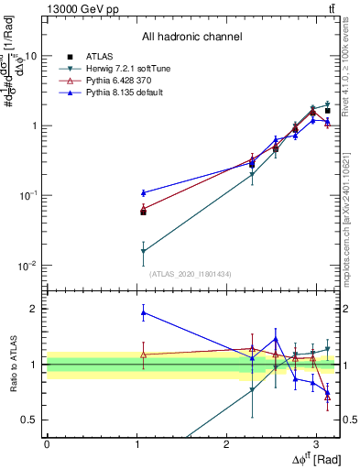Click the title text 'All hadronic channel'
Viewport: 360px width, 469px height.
point(191,38)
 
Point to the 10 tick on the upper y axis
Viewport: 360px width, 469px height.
point(30,56)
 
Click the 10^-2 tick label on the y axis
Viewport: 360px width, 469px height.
point(27,266)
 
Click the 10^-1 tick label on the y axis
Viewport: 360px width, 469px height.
point(27,196)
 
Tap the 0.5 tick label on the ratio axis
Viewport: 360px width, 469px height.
point(29,420)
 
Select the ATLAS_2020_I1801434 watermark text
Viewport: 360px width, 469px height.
point(190,274)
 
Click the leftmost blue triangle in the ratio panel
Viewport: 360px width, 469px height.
point(143,313)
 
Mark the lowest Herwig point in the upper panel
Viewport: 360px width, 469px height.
point(143,251)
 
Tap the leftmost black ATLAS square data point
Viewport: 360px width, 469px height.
point(143,212)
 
